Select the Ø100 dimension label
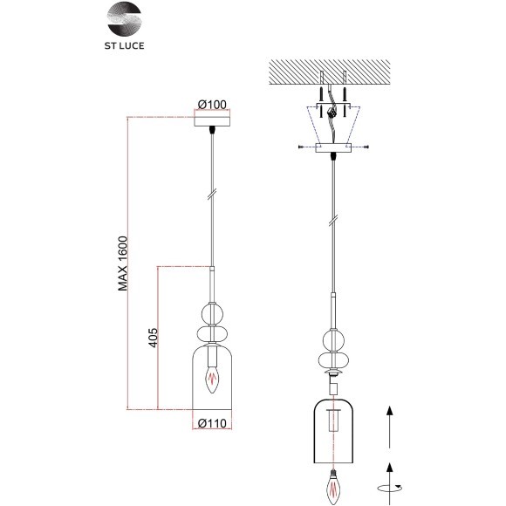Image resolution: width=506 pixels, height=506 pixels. [212, 105]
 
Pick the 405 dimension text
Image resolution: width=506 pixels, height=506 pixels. [153, 338]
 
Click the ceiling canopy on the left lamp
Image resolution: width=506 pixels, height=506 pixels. [212, 122]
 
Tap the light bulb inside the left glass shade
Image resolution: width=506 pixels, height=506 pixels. [212, 378]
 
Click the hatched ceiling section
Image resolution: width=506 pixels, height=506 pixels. [331, 72]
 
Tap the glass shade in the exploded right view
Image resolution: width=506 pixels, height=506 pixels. [332, 433]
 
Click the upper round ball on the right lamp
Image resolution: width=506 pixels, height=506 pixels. [332, 339]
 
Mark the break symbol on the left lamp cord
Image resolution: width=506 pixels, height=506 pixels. [212, 195]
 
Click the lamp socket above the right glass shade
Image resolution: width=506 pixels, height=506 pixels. [332, 386]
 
